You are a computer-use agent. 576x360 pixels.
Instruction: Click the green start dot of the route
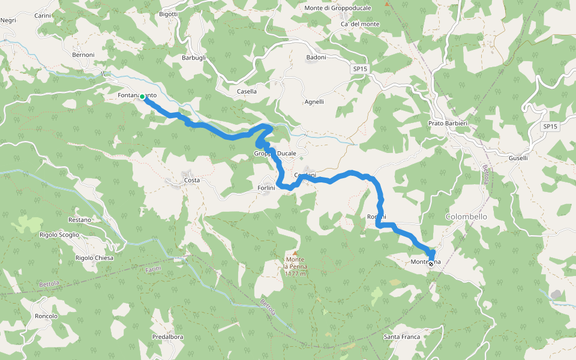click(x=142, y=96)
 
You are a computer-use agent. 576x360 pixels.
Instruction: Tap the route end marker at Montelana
click(x=431, y=263)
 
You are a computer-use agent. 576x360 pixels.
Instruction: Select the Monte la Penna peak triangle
click(x=295, y=253)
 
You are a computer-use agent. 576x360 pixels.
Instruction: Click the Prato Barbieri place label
click(x=448, y=123)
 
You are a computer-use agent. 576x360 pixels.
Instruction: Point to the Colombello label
click(x=466, y=216)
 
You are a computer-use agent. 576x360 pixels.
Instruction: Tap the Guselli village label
click(x=518, y=158)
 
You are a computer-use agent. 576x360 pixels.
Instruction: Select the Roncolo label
click(x=46, y=316)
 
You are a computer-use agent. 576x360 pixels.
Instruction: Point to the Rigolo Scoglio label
click(x=59, y=235)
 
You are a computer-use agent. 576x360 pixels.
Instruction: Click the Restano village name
click(x=80, y=220)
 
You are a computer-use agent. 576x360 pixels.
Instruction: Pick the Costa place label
click(x=192, y=180)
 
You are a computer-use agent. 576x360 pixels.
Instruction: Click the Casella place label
click(x=247, y=92)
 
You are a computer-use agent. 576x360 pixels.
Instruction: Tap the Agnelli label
click(x=314, y=102)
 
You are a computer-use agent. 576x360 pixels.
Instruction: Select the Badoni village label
click(x=316, y=58)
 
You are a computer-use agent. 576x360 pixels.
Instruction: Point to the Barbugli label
click(x=194, y=58)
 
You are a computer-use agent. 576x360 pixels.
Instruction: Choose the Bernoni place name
click(x=83, y=55)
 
